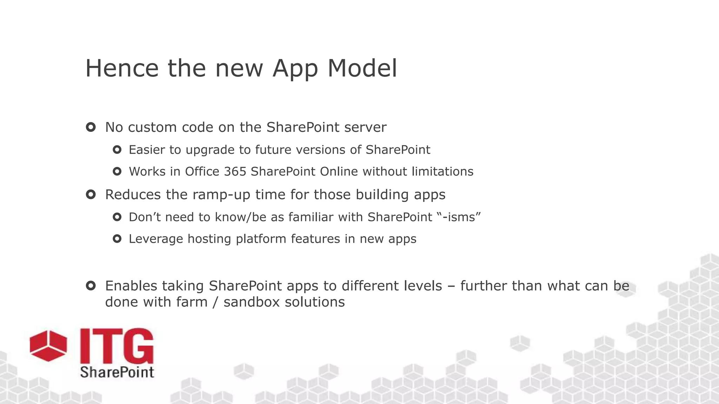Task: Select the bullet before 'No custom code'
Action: (91, 127)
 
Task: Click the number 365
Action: (235, 171)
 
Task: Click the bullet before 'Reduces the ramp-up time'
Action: (91, 194)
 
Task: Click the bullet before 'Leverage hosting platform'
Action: (117, 239)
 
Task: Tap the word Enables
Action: (131, 286)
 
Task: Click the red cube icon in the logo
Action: (48, 345)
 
